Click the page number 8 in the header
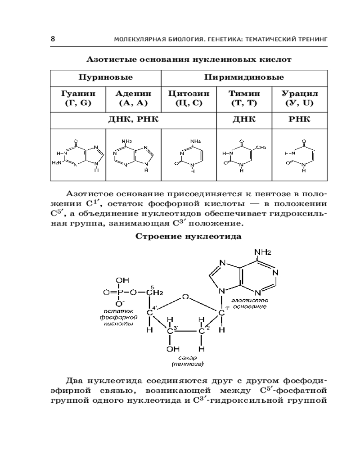pos(53,40)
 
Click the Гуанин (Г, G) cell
pos(77,98)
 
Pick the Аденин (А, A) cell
pos(133,98)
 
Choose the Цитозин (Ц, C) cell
pos(189,98)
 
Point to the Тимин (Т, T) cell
pos(245,98)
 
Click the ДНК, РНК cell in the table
pos(133,119)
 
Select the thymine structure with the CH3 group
pos(245,156)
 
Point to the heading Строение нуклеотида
pos(189,236)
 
